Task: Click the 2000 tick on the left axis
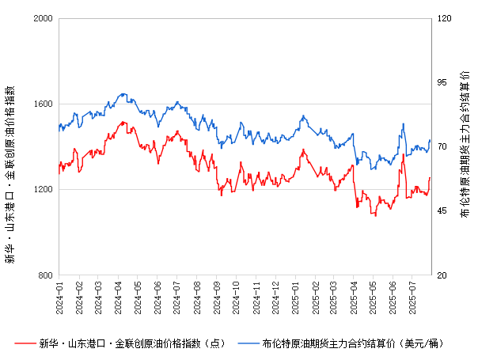(44, 18)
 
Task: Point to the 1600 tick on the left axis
(44, 104)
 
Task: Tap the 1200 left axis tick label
(44, 190)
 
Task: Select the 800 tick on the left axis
(47, 275)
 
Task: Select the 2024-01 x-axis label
(59, 296)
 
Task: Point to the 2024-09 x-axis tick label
(216, 296)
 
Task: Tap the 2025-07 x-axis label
(412, 296)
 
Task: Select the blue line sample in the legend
(249, 343)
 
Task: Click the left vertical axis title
(10, 146)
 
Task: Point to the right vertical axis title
(465, 146)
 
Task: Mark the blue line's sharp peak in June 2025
(403, 123)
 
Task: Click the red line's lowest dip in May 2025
(375, 215)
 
